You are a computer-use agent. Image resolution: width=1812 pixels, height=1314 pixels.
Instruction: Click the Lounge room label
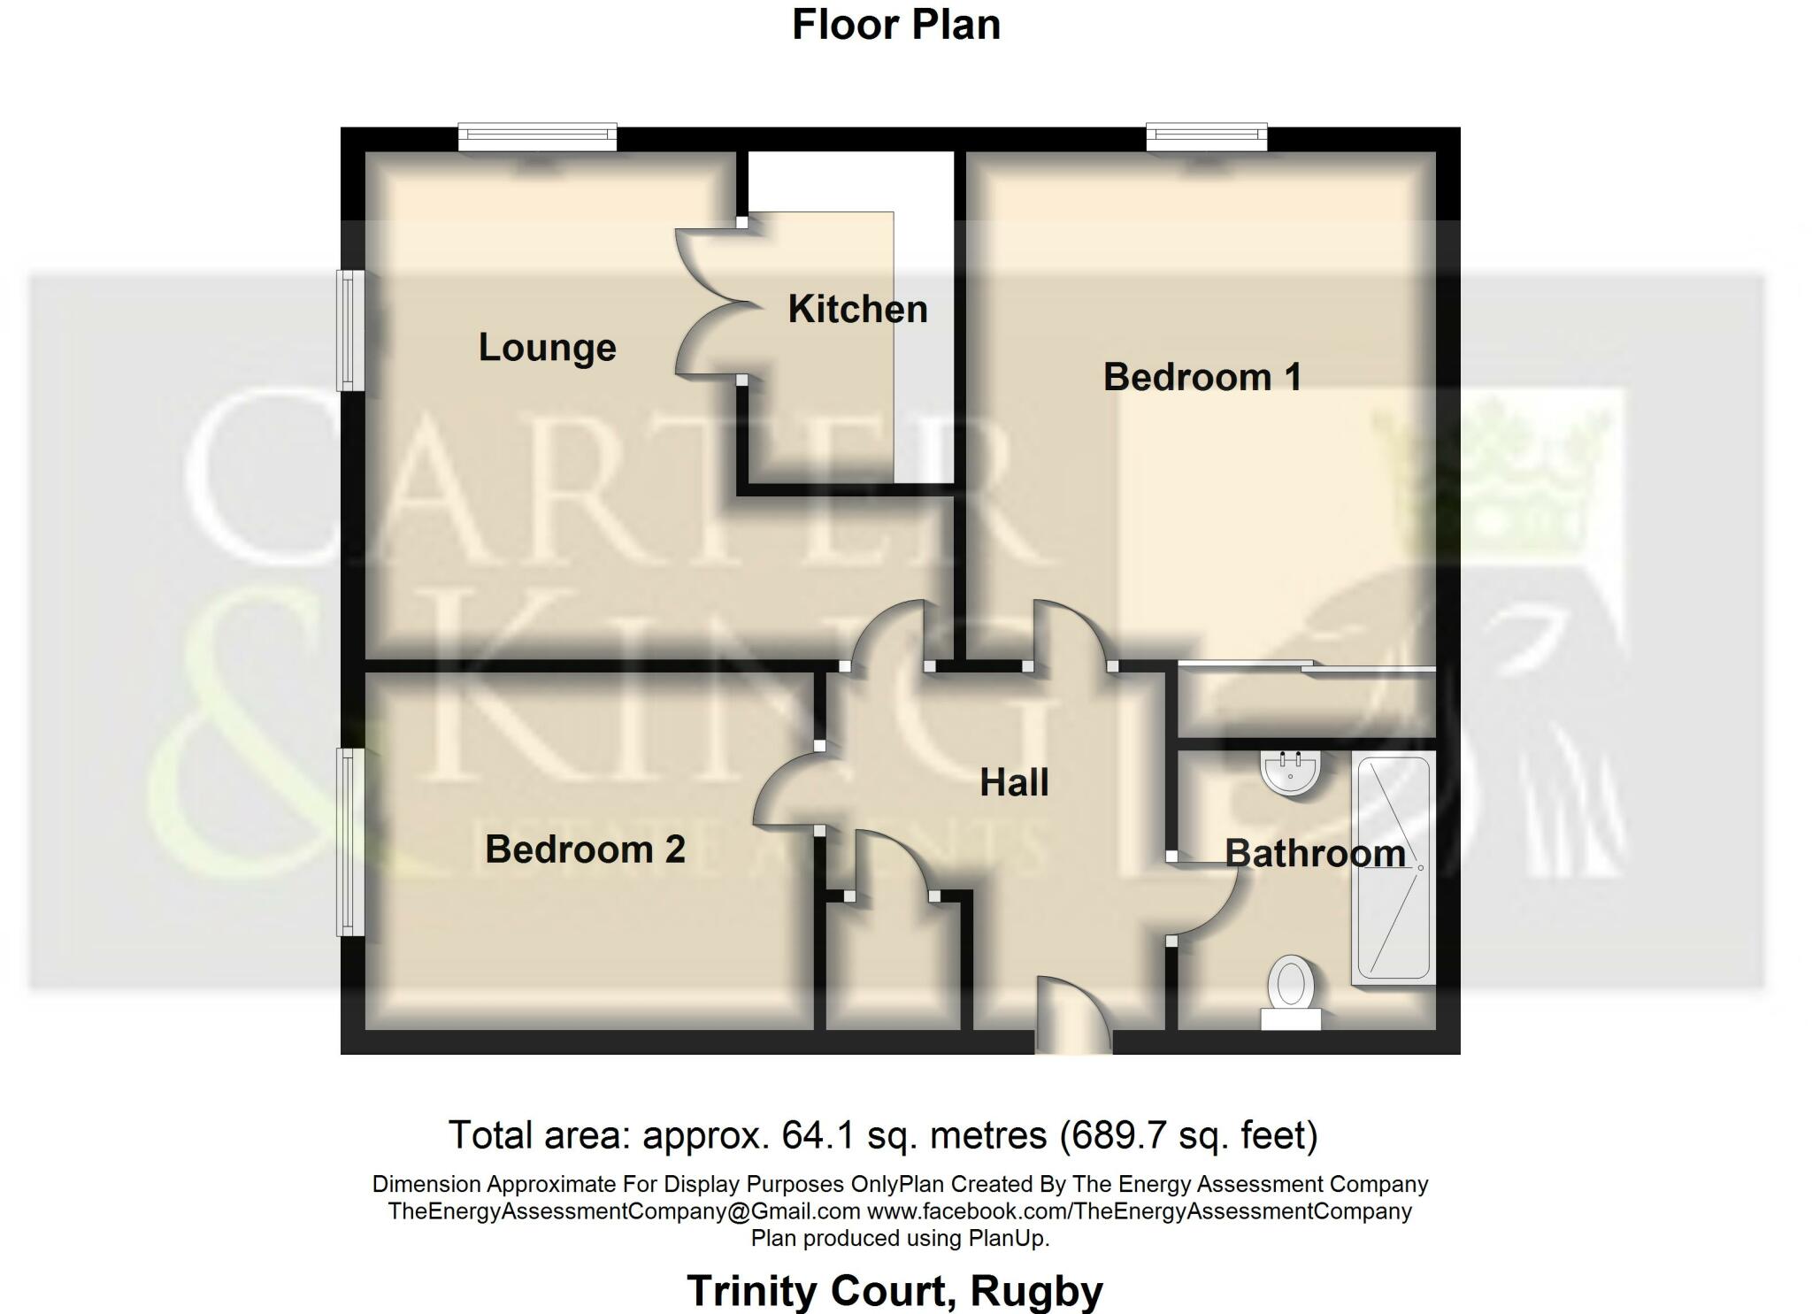(547, 348)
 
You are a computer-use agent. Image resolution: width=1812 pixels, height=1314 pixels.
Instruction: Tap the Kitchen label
(857, 310)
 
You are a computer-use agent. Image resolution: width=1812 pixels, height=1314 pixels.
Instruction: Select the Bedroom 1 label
(1202, 378)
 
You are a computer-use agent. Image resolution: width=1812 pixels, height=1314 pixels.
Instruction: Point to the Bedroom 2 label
(585, 849)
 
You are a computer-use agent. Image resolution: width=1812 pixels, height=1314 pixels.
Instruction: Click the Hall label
(1014, 783)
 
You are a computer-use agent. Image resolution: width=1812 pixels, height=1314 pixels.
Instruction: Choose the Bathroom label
(1315, 854)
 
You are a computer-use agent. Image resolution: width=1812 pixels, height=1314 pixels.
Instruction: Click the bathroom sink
(1291, 772)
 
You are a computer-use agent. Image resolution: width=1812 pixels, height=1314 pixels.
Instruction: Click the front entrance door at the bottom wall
(1073, 1018)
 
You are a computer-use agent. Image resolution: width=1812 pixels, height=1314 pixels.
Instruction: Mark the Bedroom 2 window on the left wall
(351, 841)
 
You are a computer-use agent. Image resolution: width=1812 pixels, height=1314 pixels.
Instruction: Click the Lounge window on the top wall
(537, 136)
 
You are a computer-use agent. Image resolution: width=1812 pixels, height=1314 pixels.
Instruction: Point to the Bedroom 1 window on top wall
(1207, 136)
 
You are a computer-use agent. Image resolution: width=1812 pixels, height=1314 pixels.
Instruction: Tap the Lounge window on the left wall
(351, 330)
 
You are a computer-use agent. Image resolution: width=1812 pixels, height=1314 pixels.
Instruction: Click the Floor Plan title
(895, 25)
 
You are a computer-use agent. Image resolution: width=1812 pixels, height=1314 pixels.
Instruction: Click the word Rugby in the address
(1036, 1291)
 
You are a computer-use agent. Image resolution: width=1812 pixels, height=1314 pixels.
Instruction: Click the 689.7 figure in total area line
(1111, 1135)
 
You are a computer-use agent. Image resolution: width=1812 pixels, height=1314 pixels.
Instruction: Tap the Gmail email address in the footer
(624, 1211)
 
